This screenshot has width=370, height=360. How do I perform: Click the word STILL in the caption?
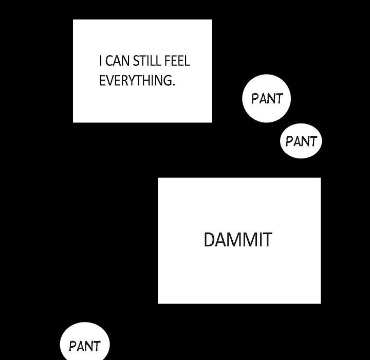pyautogui.click(x=146, y=62)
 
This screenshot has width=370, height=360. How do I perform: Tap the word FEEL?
pyautogui.click(x=177, y=62)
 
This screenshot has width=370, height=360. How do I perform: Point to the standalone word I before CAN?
pyautogui.click(x=101, y=62)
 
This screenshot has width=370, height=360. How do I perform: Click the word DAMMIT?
pyautogui.click(x=237, y=240)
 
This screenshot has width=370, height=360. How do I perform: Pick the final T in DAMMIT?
pyautogui.click(x=266, y=240)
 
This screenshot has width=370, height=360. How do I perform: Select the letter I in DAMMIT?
pyautogui.click(x=258, y=240)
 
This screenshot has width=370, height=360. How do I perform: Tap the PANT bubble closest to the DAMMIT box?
pyautogui.click(x=301, y=141)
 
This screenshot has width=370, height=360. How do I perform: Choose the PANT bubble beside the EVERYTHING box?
pyautogui.click(x=267, y=99)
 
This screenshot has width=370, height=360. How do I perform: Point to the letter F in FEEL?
pyautogui.click(x=167, y=62)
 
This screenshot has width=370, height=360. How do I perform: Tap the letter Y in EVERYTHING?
pyautogui.click(x=135, y=81)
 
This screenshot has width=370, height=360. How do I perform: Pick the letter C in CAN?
pyautogui.click(x=108, y=62)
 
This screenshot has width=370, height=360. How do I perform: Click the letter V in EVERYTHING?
pyautogui.click(x=109, y=81)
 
